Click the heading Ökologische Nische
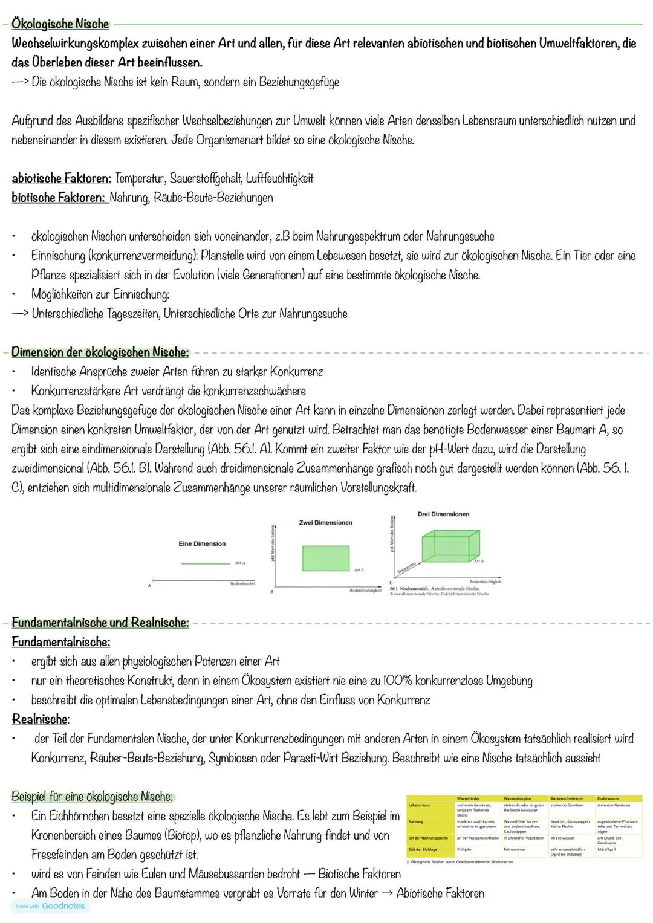60,24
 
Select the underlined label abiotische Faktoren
61,178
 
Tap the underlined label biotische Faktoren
59,198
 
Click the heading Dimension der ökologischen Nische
100,352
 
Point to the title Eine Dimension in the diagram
202,544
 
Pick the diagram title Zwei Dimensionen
325,523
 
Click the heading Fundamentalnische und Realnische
100,623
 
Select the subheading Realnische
40,719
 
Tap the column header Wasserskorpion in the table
518,798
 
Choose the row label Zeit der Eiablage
423,849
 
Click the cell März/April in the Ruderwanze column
606,849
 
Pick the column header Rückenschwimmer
567,798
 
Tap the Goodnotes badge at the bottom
50,906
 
